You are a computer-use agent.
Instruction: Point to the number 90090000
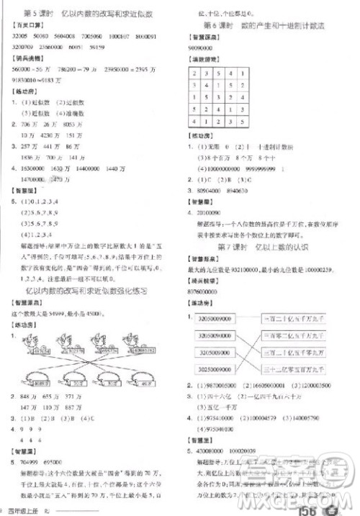point(207,45)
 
